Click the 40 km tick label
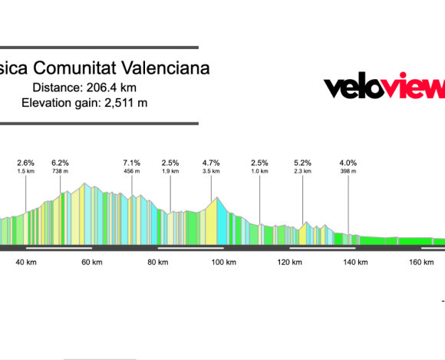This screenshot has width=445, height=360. click(26, 263)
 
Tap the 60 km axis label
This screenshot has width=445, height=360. click(92, 263)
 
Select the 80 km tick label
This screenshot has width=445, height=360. click(158, 263)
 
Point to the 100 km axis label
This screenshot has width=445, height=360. click(223, 263)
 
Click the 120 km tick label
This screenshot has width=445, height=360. click(289, 263)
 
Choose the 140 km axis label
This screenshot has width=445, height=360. click(355, 263)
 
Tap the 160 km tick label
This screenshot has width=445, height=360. click(421, 263)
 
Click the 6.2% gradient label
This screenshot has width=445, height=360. click(60, 163)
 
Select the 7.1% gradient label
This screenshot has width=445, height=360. click(131, 163)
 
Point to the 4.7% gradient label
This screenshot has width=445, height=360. click(211, 163)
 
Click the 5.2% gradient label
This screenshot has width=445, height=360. click(302, 163)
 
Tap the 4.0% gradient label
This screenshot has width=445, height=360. click(348, 163)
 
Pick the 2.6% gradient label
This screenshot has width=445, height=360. click(26, 163)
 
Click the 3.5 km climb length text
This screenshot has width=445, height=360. click(211, 171)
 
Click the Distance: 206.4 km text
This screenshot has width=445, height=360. click(79, 88)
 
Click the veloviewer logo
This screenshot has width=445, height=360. click(384, 88)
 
